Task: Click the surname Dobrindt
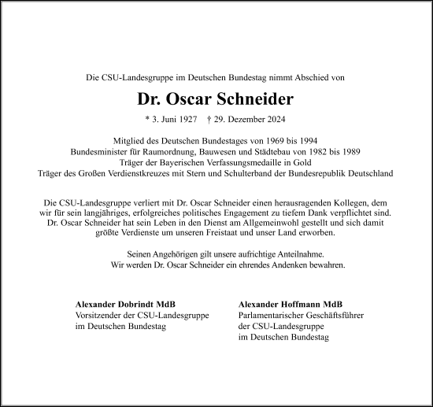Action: pos(139,304)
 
